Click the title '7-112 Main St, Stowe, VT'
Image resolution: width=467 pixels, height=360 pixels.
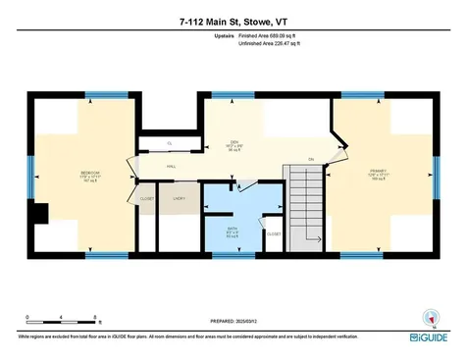click(x=233, y=20)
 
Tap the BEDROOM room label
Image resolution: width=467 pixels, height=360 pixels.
click(x=89, y=176)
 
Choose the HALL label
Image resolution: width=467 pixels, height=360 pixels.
click(x=170, y=167)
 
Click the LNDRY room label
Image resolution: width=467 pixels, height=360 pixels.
click(x=180, y=199)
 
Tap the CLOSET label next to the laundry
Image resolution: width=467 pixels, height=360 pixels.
click(x=147, y=199)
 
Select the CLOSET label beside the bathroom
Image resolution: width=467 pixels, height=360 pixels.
click(x=274, y=233)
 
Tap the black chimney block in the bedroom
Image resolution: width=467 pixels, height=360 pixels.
click(x=38, y=213)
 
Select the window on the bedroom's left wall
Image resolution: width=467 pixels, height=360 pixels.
click(x=29, y=180)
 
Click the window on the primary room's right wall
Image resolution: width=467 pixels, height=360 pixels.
click(x=434, y=180)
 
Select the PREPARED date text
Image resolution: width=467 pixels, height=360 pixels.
click(x=233, y=321)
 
